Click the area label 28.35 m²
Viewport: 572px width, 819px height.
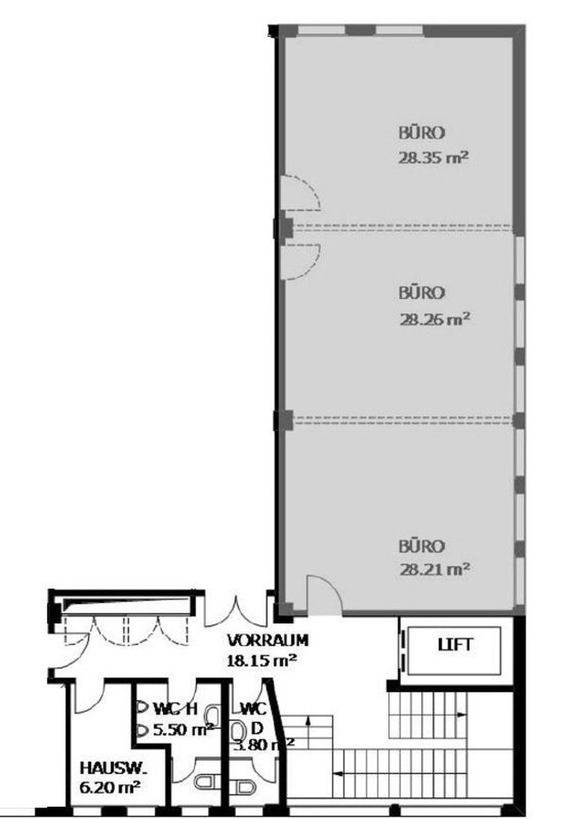(x=433, y=157)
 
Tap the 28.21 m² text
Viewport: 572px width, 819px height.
(x=433, y=570)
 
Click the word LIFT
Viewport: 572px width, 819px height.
(x=455, y=644)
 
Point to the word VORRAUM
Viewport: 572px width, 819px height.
(x=268, y=640)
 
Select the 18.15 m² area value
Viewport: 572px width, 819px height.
(x=262, y=660)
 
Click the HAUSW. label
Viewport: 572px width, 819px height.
(x=113, y=769)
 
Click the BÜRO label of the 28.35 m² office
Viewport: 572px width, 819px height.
(x=422, y=133)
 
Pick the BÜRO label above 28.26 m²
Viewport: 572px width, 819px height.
(x=422, y=293)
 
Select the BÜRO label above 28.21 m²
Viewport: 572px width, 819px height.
(x=422, y=546)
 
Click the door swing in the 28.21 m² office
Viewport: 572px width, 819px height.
(x=323, y=594)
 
